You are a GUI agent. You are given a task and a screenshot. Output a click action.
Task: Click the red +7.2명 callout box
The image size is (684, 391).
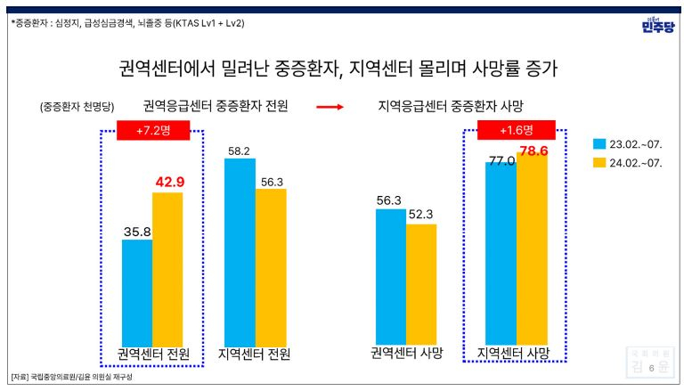click(x=152, y=131)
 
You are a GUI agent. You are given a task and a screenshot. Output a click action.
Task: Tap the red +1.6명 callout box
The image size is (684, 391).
click(x=516, y=131)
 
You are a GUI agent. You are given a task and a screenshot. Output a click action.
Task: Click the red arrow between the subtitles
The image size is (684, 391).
click(x=330, y=107)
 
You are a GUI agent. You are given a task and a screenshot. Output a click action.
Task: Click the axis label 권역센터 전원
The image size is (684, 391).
click(x=153, y=354)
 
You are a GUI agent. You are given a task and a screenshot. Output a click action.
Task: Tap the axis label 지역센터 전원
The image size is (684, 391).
click(x=255, y=354)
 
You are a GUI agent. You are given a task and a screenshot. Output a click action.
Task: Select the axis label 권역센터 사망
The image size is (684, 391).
click(x=407, y=352)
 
